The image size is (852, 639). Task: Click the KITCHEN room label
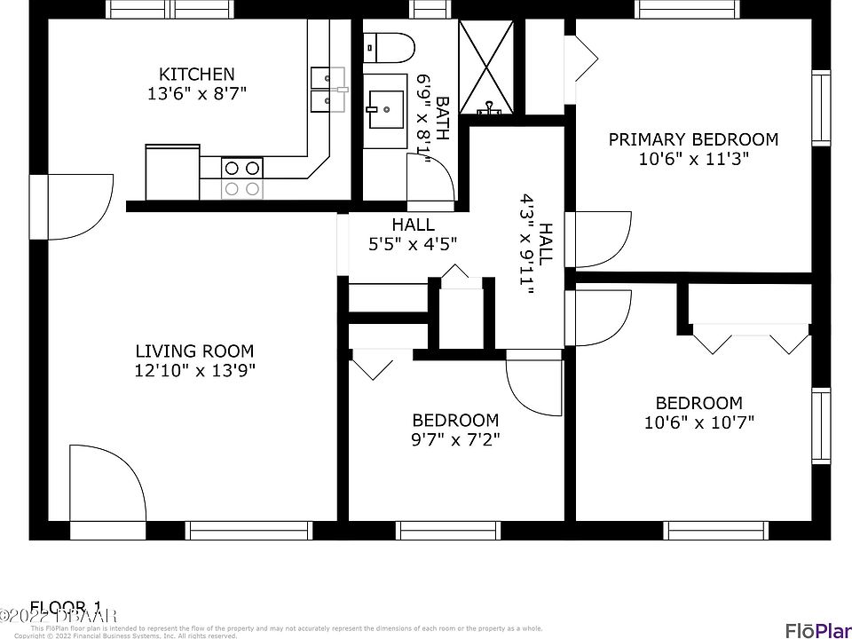tap(197, 75)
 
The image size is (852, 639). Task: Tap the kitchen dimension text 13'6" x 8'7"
tap(197, 93)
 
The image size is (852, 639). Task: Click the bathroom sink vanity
tap(387, 108)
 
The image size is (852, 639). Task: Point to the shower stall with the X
tap(486, 67)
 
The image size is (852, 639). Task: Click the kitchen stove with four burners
tap(242, 177)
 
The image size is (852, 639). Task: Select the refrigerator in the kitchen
tap(172, 172)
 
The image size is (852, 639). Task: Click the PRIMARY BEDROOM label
tap(693, 139)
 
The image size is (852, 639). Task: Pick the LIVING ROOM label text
tap(194, 351)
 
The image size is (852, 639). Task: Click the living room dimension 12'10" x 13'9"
tap(194, 371)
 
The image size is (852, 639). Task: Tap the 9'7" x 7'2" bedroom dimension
tap(455, 439)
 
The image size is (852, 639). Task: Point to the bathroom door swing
tap(430, 185)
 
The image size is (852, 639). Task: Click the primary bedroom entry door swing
tap(601, 239)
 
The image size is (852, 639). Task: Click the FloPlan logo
tap(817, 629)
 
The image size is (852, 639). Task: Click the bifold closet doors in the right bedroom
tap(751, 341)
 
